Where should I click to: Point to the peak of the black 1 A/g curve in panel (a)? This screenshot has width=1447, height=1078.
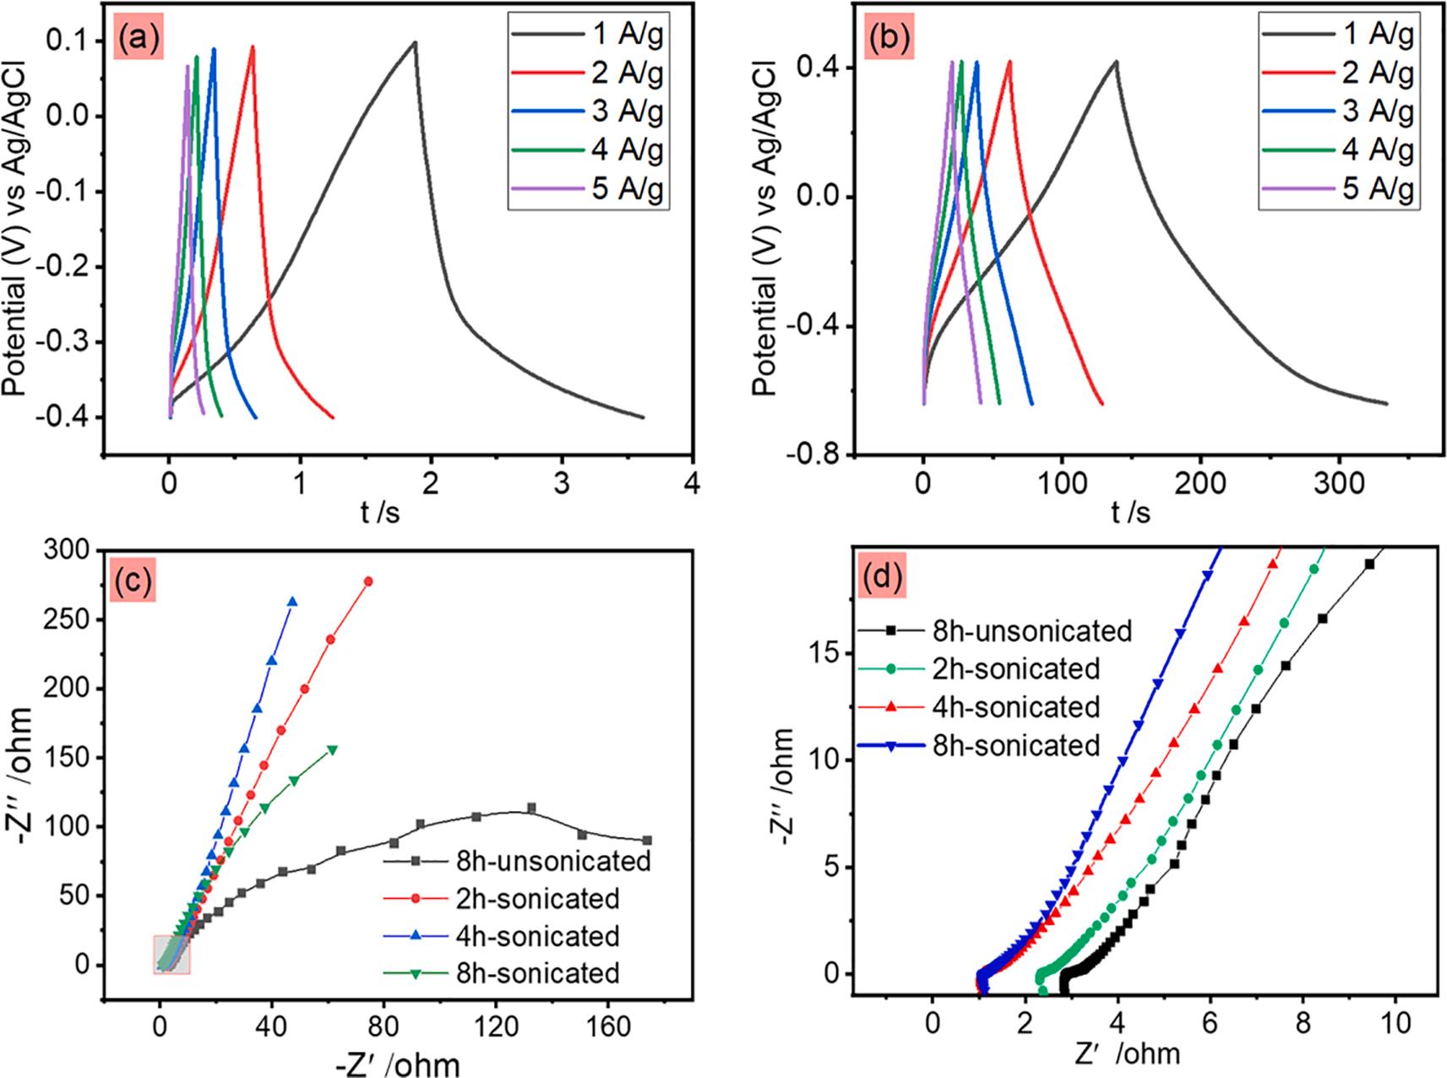pos(415,42)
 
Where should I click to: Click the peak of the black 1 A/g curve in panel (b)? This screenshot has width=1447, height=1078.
pos(1116,61)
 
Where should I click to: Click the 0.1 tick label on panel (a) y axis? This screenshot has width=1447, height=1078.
pos(68,41)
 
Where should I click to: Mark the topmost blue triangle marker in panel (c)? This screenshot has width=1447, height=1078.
pos(293,602)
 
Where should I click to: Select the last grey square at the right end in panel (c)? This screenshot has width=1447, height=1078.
pos(647,840)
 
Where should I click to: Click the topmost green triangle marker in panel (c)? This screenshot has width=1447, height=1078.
pos(333,749)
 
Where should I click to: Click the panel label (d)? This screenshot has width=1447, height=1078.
pos(882,578)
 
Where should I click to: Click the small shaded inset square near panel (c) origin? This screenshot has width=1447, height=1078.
pos(171,955)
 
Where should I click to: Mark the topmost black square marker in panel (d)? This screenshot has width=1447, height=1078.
pos(1369,563)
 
